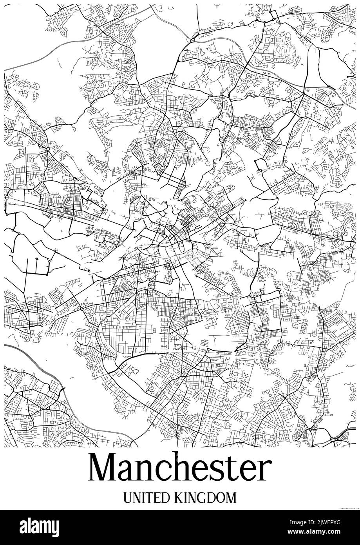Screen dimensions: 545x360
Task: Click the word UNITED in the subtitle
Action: pos(146,498)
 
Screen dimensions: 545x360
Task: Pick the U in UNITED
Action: pos(128,498)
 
